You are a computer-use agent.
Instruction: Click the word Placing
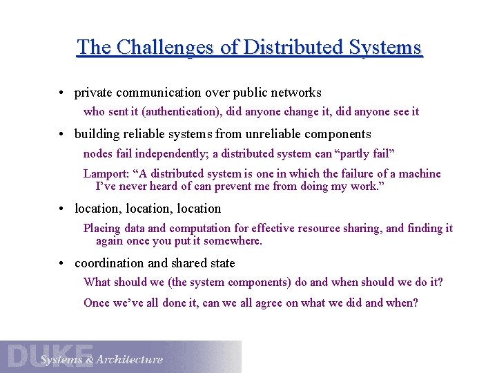(101, 229)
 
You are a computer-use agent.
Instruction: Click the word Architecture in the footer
(130, 359)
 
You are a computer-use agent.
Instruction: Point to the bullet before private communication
(62, 93)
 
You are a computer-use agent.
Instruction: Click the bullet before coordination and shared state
(62, 264)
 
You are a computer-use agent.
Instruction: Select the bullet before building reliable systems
(62, 135)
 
